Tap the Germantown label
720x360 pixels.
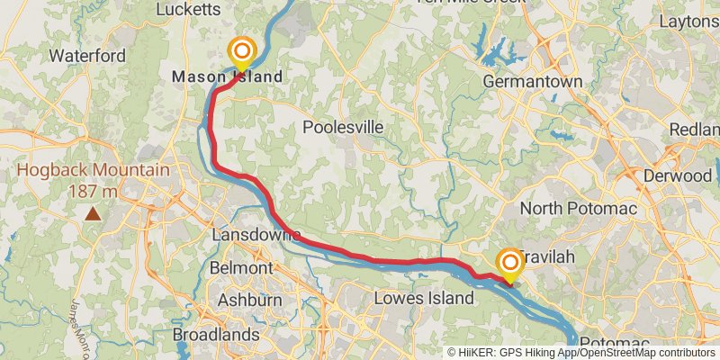533,80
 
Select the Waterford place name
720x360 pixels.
87,56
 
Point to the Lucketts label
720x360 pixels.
188,10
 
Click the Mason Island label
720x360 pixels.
227,76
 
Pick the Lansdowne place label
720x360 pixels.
255,234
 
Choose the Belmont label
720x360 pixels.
240,268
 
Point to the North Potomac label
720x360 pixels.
579,209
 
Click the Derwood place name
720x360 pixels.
679,175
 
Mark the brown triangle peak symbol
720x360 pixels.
93,214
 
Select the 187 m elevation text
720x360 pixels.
93,191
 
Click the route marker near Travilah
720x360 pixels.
509,263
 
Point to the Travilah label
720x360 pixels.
549,257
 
